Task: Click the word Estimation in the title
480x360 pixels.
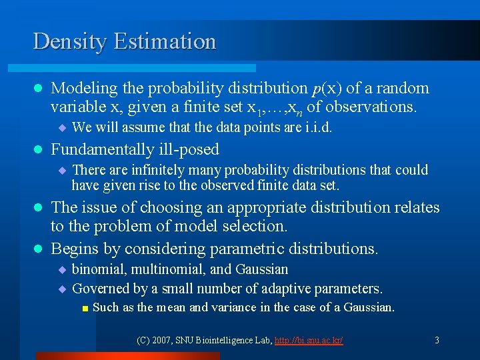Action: point(165,41)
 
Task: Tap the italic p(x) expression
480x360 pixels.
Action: point(325,88)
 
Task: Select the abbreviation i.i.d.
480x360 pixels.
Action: point(314,127)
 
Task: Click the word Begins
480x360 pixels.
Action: point(74,249)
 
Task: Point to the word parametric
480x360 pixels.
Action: point(241,249)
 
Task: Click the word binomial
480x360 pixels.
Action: point(98,269)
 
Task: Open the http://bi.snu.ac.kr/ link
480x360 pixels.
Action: point(309,341)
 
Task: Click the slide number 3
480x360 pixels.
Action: point(437,341)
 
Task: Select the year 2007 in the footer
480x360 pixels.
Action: point(163,341)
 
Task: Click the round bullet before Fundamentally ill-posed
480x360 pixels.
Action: point(37,150)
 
